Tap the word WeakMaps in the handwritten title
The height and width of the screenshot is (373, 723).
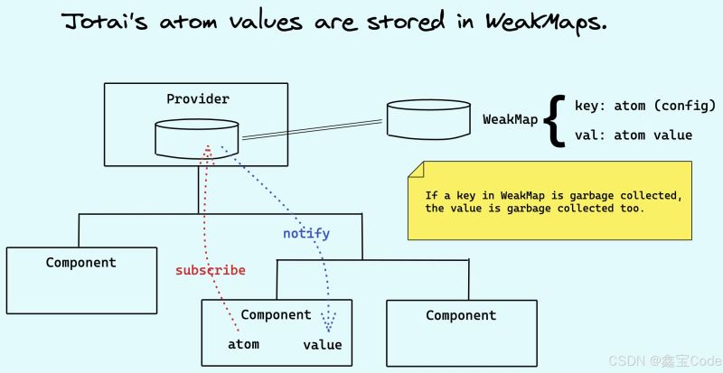[546, 21]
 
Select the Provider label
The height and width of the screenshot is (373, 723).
[198, 99]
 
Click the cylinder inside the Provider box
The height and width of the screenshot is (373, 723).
[197, 139]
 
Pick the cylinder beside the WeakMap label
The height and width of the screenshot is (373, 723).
[428, 119]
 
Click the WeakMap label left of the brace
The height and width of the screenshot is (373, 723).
[511, 120]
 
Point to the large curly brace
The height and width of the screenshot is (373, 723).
[555, 120]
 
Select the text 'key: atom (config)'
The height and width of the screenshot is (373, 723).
[645, 106]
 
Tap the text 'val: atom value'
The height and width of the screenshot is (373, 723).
[634, 135]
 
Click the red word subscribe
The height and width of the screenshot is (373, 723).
[211, 271]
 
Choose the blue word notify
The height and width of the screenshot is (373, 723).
[306, 233]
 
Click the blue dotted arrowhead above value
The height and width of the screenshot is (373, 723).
[328, 324]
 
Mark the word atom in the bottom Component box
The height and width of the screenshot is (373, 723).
[243, 344]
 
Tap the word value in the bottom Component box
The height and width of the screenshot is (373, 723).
[323, 345]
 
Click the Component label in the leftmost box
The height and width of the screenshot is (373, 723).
[81, 263]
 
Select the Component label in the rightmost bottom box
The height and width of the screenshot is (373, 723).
[461, 316]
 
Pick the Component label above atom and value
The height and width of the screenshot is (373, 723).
[277, 315]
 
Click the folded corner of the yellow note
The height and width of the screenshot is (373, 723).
[416, 169]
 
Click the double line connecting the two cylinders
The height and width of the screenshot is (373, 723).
[313, 129]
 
